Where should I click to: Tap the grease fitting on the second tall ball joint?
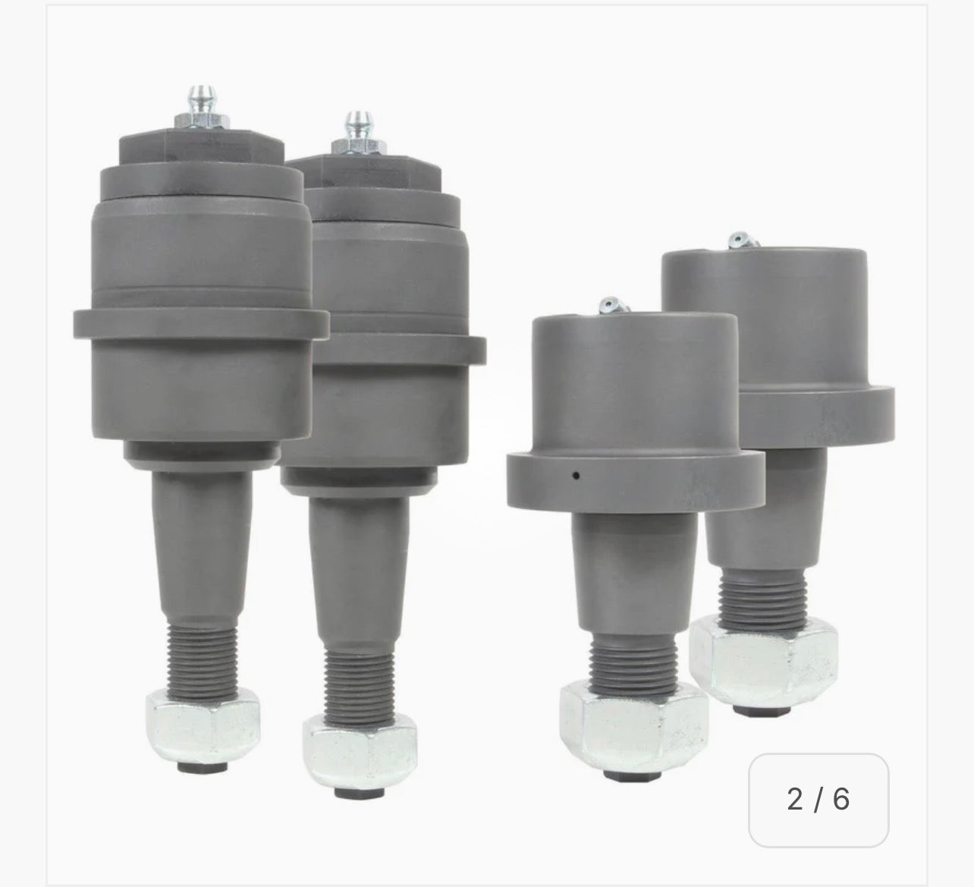354,126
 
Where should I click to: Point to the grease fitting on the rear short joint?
740,241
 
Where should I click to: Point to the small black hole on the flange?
577,476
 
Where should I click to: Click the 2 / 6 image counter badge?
818,800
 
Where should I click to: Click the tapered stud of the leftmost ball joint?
200,531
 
